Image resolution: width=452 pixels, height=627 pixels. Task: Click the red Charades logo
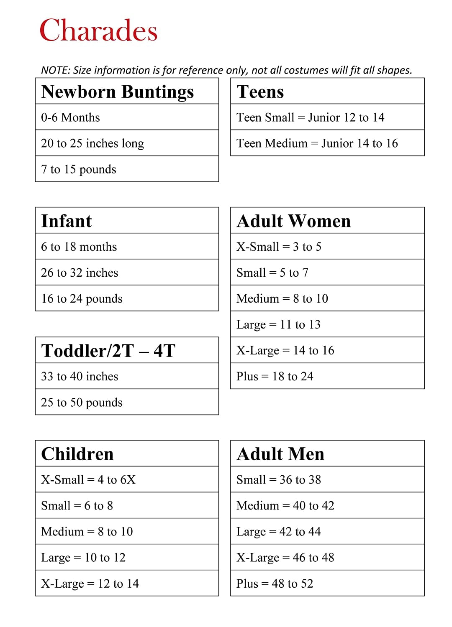(98, 30)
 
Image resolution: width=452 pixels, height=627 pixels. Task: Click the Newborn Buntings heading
(118, 92)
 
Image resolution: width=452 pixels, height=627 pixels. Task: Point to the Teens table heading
(260, 92)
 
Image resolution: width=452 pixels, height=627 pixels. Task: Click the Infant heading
(67, 221)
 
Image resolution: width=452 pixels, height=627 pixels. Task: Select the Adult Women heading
(293, 221)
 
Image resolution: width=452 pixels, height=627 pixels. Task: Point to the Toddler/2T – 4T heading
(108, 350)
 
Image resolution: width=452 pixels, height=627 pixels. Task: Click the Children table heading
(77, 454)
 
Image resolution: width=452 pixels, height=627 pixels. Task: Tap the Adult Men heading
(280, 454)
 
